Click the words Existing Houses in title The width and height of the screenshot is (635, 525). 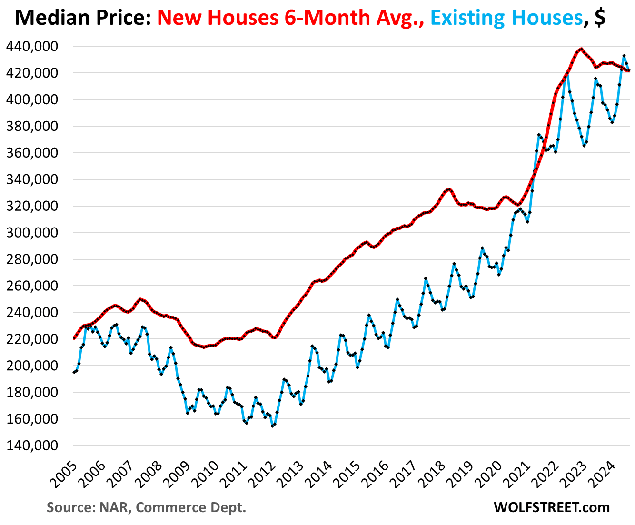coord(506,18)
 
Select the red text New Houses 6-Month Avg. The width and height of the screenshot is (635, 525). coord(290,18)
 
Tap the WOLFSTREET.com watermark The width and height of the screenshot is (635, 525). coord(552,507)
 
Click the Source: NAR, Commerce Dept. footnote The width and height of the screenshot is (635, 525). coord(146,507)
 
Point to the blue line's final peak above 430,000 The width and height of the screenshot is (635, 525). coord(624,56)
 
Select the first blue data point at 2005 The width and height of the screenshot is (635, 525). coord(74,372)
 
